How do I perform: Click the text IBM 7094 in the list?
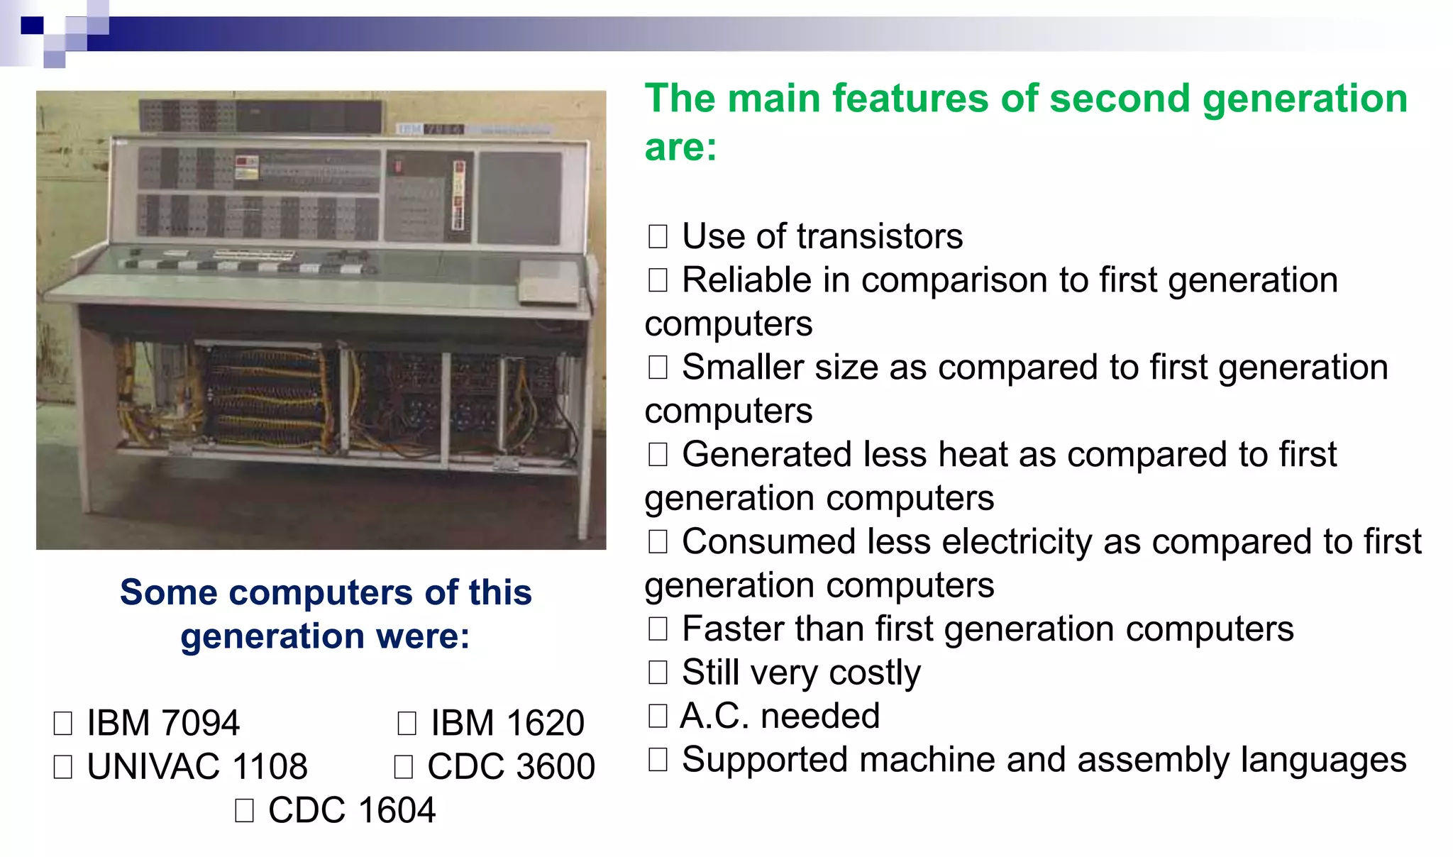tap(162, 723)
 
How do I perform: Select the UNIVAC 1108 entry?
tap(197, 767)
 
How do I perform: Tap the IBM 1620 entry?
tap(507, 723)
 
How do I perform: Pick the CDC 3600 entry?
tap(510, 767)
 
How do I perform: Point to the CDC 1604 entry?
tap(351, 810)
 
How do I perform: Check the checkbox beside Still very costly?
tap(658, 672)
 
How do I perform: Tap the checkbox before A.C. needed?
tap(658, 716)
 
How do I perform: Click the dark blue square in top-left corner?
tap(33, 26)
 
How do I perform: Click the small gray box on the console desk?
tap(550, 282)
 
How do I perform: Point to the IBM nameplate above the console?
tap(429, 129)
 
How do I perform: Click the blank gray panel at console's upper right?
tap(521, 197)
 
